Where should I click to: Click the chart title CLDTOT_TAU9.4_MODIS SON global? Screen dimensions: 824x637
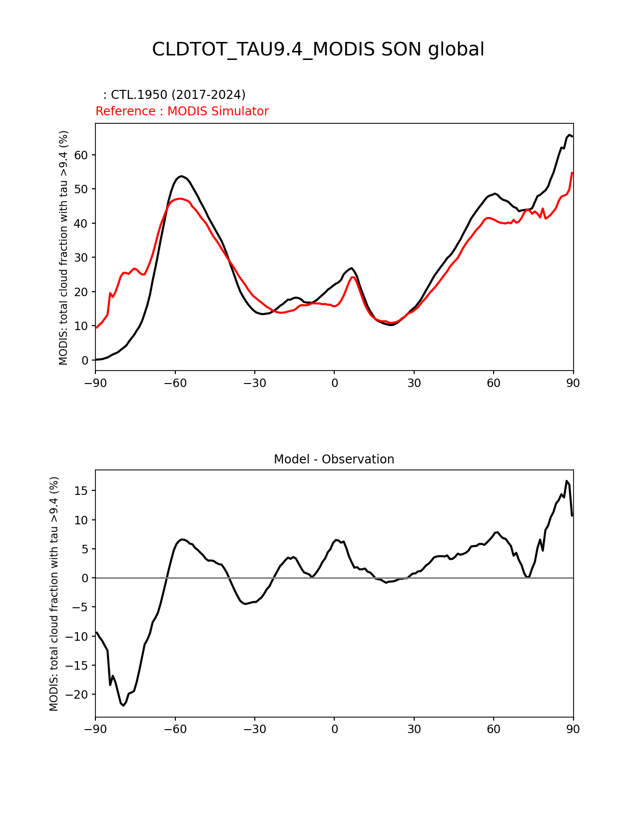[318, 50]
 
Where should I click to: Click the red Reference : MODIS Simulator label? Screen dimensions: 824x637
[182, 111]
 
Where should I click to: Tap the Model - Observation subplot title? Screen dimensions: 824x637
[334, 459]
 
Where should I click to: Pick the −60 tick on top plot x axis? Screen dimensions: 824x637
[175, 383]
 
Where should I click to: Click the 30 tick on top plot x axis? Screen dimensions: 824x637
[414, 383]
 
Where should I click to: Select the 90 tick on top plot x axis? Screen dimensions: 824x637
[573, 383]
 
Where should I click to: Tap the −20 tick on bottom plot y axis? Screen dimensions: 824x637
[78, 695]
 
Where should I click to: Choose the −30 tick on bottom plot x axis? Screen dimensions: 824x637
[255, 730]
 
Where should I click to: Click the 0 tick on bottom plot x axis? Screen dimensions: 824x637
[334, 730]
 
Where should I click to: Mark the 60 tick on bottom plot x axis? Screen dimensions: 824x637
[494, 730]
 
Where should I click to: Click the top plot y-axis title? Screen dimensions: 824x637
[63, 248]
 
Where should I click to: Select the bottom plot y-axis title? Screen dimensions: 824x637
[54, 594]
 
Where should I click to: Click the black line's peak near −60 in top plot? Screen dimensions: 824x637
[181, 176]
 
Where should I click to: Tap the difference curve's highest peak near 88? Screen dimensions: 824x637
[567, 481]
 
